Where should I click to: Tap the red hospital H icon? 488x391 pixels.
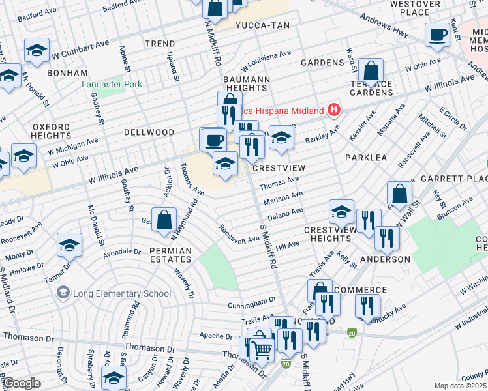coord(334,110)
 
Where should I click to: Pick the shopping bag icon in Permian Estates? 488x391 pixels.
coord(164,220)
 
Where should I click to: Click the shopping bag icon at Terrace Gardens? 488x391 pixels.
coord(371,70)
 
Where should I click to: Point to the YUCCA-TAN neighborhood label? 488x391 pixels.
coord(264,25)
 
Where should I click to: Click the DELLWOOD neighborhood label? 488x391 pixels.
coord(149,132)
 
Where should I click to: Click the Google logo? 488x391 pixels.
coord(22,383)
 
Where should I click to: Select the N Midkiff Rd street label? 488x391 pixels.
coord(213,42)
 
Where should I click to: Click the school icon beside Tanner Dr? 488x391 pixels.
coord(69,245)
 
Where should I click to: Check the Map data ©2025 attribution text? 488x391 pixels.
coord(460,386)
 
